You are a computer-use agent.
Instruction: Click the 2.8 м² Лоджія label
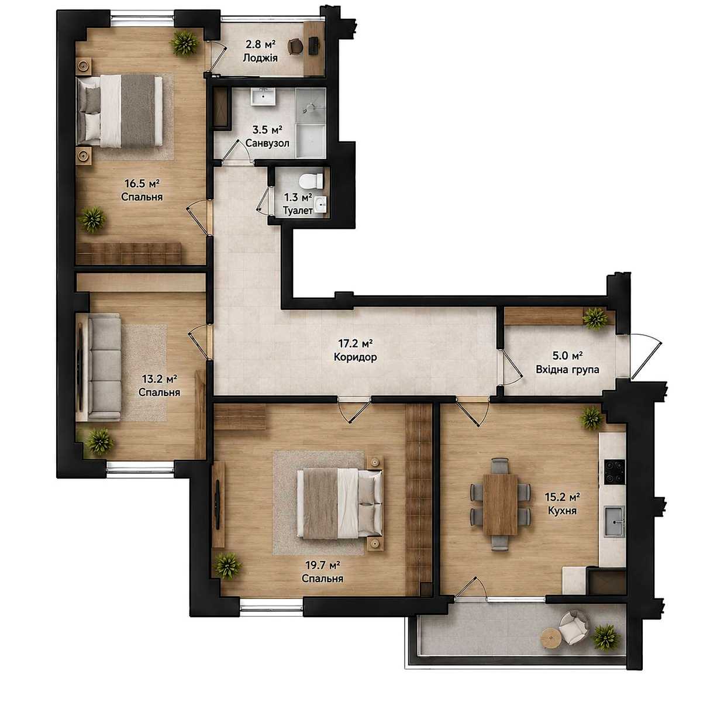tap(260, 51)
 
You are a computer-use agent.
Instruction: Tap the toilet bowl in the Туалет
tap(311, 181)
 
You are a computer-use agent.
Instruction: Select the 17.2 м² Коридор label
tap(355, 349)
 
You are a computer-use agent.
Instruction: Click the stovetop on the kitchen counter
tap(614, 472)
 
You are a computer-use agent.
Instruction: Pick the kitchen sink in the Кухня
tap(614, 521)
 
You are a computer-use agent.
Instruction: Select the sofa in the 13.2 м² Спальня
tap(99, 367)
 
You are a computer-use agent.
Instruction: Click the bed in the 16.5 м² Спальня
tap(119, 111)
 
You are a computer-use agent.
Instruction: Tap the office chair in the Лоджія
tap(295, 47)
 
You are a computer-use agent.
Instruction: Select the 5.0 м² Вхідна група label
tap(567, 362)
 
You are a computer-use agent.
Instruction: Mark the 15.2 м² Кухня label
tap(562, 503)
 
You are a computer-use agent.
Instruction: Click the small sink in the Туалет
tap(320, 204)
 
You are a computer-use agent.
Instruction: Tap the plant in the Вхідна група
tap(595, 318)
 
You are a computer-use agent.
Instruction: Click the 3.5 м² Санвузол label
tap(267, 136)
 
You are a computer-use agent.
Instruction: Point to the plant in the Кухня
tap(591, 418)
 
